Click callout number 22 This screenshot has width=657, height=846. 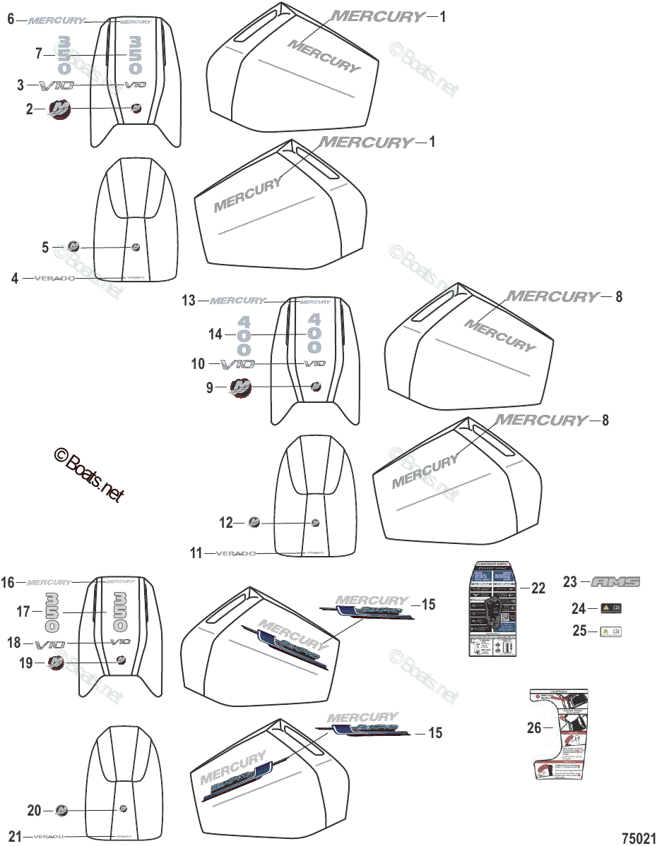click(x=538, y=588)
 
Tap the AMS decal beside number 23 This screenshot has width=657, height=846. click(x=615, y=582)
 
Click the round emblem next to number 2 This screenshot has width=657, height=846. click(x=57, y=109)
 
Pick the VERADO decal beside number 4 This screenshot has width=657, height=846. click(x=54, y=279)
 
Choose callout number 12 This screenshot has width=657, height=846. click(x=225, y=523)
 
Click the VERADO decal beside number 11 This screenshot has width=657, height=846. click(x=235, y=554)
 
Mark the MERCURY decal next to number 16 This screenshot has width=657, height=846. click(x=49, y=583)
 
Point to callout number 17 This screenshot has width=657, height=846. click(x=24, y=612)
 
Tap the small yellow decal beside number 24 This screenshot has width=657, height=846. click(x=611, y=608)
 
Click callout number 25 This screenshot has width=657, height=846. click(x=579, y=631)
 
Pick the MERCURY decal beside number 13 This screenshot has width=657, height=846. click(x=238, y=301)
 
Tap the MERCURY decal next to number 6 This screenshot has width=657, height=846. click(x=56, y=20)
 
